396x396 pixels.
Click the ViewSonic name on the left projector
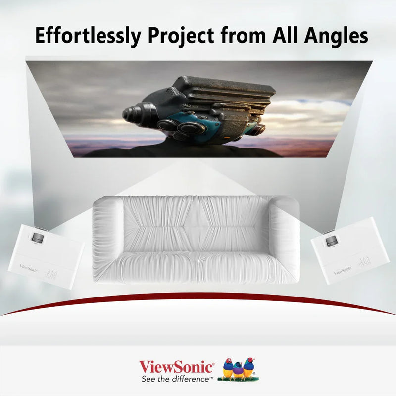coord(28,266)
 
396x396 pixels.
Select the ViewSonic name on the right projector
coord(342,270)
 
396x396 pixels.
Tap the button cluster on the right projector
coord(364,262)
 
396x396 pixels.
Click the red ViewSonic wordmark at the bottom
coord(177,367)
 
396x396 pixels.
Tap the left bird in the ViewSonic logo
coord(228,368)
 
